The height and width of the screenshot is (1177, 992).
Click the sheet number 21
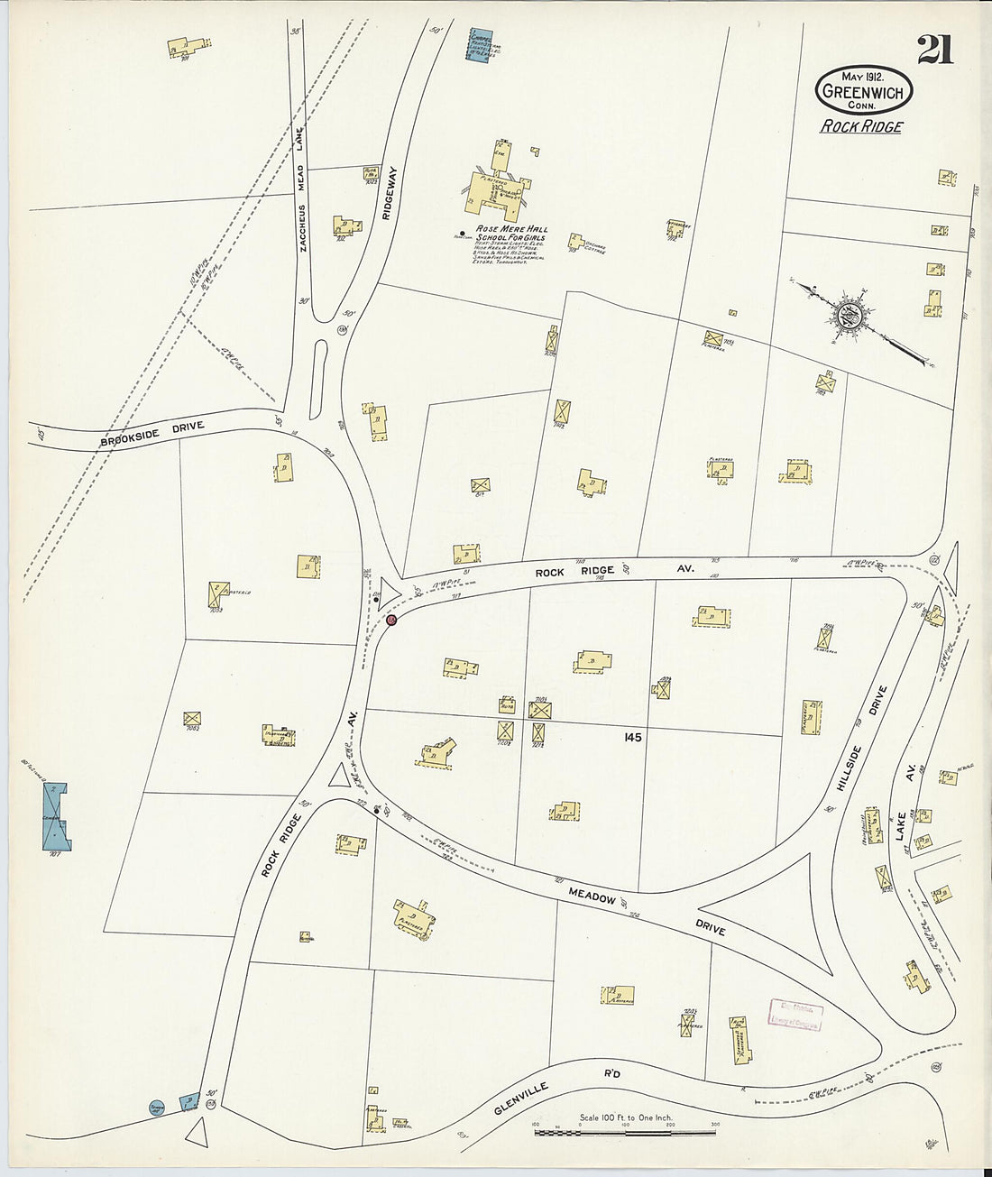point(935,51)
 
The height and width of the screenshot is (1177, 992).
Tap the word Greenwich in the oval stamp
point(863,92)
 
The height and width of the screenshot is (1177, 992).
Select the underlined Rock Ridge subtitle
point(860,126)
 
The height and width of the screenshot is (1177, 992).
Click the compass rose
point(849,317)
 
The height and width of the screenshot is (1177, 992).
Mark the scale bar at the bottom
point(626,1130)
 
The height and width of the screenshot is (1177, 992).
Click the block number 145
point(631,738)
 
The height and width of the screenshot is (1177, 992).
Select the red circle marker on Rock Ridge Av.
point(391,621)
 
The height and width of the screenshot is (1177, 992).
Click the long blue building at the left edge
point(57,816)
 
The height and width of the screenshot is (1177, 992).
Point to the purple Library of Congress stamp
point(795,1015)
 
